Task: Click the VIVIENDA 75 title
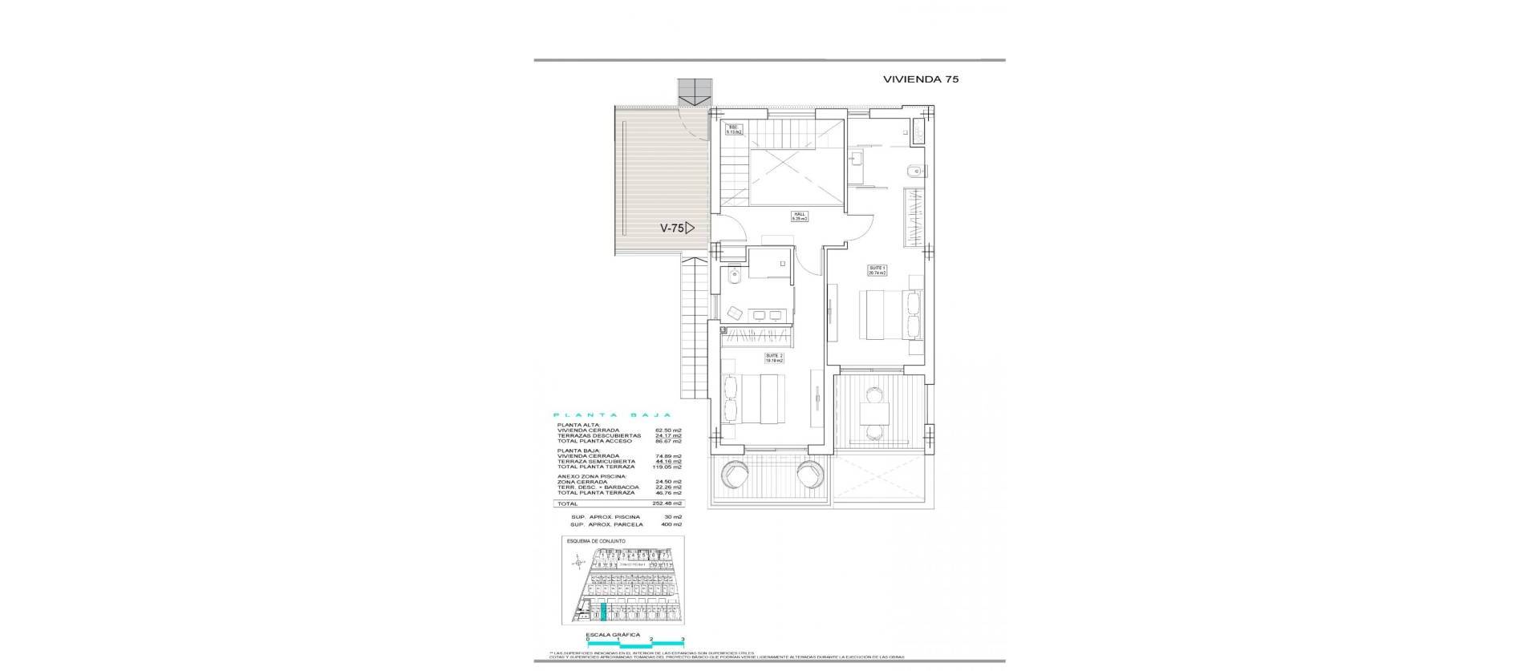pyautogui.click(x=921, y=79)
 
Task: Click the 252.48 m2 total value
pyautogui.click(x=668, y=503)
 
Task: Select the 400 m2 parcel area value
pyautogui.click(x=671, y=524)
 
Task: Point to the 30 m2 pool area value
pyautogui.click(x=673, y=517)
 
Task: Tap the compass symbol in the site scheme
pyautogui.click(x=578, y=564)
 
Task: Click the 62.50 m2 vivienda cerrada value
pyautogui.click(x=668, y=430)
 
